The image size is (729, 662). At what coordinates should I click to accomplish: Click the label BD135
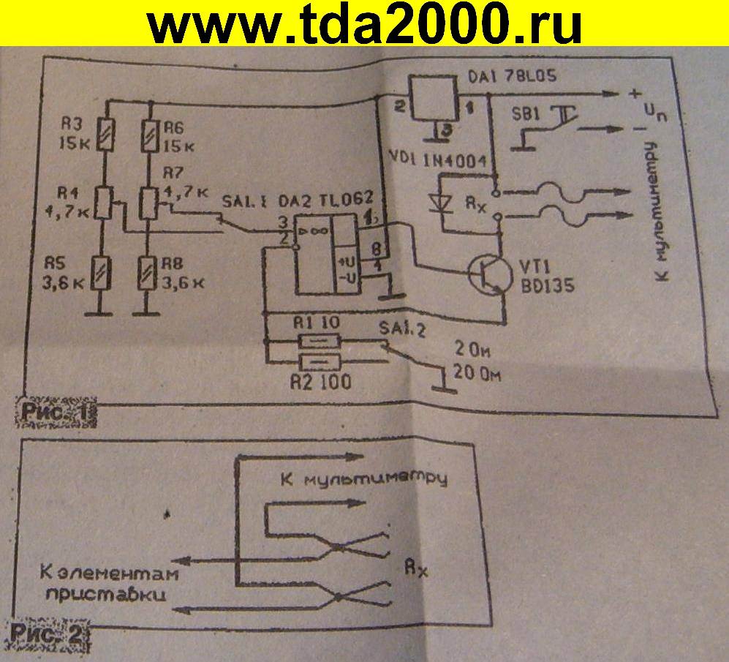(544, 286)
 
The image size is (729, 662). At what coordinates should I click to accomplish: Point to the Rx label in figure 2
(415, 567)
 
